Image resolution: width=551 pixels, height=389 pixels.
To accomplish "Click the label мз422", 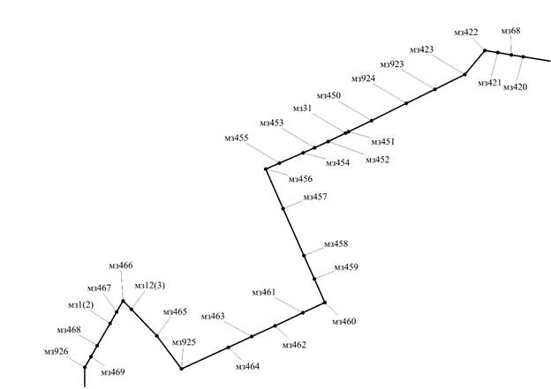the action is (466, 33).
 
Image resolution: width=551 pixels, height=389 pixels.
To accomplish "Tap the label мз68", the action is (510, 31).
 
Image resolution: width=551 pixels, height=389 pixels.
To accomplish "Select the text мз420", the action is (515, 87).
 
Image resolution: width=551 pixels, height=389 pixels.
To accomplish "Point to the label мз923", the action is (392, 64).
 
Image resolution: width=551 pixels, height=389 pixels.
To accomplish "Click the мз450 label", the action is (328, 95).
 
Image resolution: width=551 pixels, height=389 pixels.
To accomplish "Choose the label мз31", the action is (302, 108).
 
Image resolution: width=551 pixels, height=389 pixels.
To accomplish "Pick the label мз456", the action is (300, 179).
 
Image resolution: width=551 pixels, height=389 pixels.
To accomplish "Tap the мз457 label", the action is (315, 198).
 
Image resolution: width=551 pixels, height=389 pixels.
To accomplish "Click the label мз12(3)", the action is (150, 286).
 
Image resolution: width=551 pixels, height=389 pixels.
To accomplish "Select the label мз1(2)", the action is (81, 305).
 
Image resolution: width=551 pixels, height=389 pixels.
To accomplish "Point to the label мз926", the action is (57, 352).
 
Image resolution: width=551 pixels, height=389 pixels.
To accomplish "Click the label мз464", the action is (247, 367).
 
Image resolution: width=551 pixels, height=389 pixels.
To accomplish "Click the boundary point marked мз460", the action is (325, 303).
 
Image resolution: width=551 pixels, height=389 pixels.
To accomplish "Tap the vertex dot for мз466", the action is (123, 301).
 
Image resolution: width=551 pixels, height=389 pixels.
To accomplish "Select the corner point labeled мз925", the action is (181, 369).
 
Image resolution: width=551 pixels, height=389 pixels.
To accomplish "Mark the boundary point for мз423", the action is (464, 74).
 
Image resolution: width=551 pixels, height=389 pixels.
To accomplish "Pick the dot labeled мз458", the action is (304, 256).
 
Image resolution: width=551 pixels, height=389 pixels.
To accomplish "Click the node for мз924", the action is (406, 103).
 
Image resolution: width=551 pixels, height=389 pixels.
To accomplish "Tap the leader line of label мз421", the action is (494, 65).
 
